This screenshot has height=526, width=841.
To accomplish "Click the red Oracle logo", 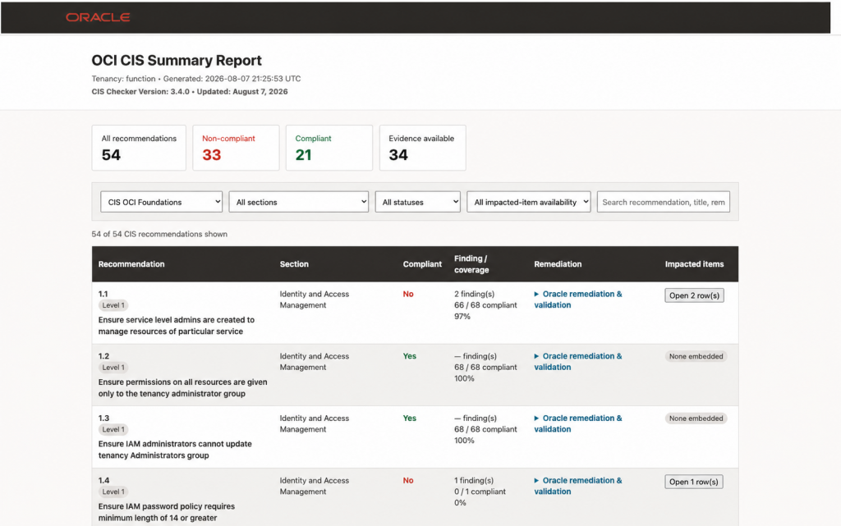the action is click(98, 17).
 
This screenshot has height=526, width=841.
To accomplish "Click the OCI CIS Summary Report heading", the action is click(177, 60).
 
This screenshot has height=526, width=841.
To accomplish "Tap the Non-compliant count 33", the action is click(211, 155).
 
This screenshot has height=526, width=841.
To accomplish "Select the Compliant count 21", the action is click(304, 155).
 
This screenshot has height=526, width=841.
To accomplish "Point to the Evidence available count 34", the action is click(398, 155).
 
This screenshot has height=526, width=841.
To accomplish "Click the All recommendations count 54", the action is click(111, 155).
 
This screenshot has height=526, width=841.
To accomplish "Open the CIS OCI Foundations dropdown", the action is click(162, 202).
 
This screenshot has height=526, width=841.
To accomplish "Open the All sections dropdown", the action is click(299, 202).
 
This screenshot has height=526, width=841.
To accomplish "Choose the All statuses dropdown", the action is click(418, 202).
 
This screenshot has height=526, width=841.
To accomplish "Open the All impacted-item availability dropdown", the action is click(529, 202).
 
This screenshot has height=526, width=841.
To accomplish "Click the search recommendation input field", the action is click(664, 202).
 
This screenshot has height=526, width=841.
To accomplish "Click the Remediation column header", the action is click(558, 264).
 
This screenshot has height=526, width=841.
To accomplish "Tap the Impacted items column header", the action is click(694, 264).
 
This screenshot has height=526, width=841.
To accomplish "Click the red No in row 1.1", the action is click(408, 294).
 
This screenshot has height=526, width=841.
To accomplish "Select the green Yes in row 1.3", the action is click(409, 419).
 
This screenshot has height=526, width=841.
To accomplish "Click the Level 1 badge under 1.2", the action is click(113, 368).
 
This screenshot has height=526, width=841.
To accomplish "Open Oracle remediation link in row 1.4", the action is click(578, 486).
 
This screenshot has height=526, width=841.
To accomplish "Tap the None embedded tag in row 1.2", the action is click(696, 357).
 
